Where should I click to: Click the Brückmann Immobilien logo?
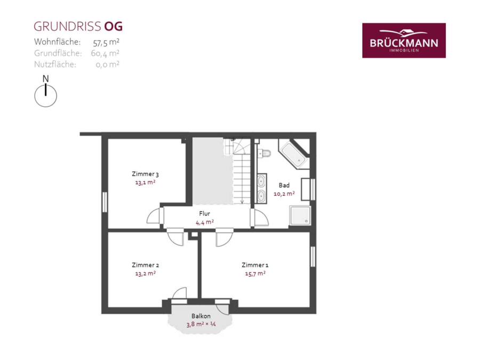click(404, 41)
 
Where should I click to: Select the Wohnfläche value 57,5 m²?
click(106, 42)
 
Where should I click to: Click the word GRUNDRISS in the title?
click(67, 27)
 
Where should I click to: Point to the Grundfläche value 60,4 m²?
click(105, 53)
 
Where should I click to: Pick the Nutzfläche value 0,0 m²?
click(107, 65)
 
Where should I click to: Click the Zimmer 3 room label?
click(145, 174)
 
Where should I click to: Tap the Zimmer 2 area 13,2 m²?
click(146, 274)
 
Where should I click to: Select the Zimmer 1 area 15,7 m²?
click(255, 274)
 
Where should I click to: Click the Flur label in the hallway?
click(204, 213)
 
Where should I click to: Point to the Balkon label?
click(201, 316)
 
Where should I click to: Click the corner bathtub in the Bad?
click(294, 154)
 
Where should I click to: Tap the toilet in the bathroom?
click(264, 153)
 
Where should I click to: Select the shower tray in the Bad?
click(300, 215)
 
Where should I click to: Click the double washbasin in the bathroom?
click(261, 189)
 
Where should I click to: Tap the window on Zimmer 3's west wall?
click(105, 202)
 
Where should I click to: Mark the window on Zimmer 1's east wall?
click(313, 257)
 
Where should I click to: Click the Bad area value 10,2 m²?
click(284, 194)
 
